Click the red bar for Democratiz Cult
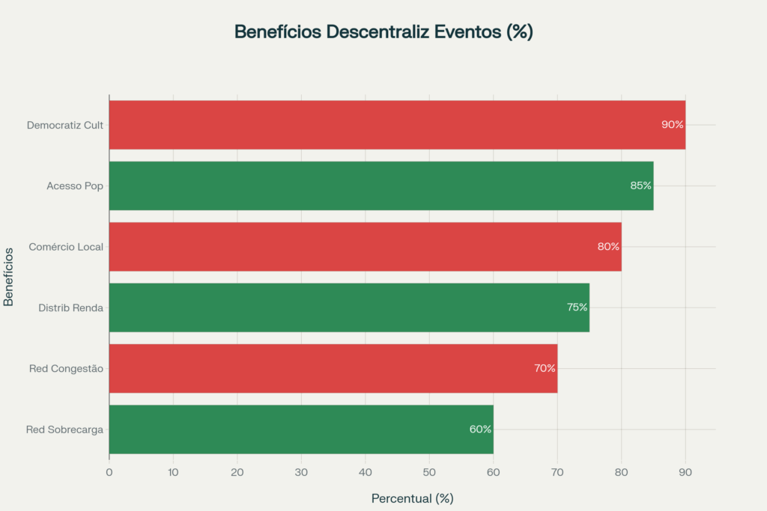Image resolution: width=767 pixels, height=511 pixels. pyautogui.click(x=397, y=125)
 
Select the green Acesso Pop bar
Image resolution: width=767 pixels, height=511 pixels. pyautogui.click(x=381, y=186)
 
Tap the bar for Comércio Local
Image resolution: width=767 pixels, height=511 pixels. pyautogui.click(x=365, y=246)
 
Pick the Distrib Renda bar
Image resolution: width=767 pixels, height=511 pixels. pyautogui.click(x=349, y=307)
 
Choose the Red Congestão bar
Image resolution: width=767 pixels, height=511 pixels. pyautogui.click(x=333, y=368)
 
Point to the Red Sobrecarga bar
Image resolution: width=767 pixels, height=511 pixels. pyautogui.click(x=301, y=429)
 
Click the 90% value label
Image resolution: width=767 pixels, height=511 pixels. pyautogui.click(x=672, y=125)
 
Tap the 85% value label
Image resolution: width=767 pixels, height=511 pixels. pyautogui.click(x=640, y=186)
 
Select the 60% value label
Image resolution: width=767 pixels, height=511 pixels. pyautogui.click(x=480, y=429)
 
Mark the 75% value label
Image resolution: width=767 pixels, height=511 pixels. pyautogui.click(x=577, y=307)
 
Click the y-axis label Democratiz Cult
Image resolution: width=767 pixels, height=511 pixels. pyautogui.click(x=65, y=125)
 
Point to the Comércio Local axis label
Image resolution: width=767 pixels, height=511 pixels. pyautogui.click(x=66, y=246)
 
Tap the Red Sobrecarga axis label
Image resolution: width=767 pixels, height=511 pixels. pyautogui.click(x=64, y=429)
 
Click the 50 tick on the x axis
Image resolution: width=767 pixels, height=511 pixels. pyautogui.click(x=429, y=472)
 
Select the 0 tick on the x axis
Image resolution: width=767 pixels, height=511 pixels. pyautogui.click(x=109, y=472)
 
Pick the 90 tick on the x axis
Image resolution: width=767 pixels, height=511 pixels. pyautogui.click(x=685, y=472)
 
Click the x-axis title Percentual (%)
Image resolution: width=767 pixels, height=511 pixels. pyautogui.click(x=412, y=498)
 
